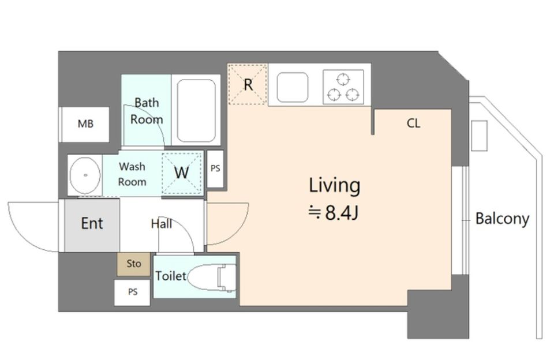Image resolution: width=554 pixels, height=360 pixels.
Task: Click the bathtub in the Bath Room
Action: pyautogui.click(x=196, y=111)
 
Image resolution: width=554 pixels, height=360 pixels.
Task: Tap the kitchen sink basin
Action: pyautogui.click(x=292, y=87)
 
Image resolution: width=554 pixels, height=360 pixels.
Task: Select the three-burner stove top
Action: pyautogui.click(x=343, y=87)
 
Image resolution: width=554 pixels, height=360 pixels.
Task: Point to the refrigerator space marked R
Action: pyautogui.click(x=248, y=84)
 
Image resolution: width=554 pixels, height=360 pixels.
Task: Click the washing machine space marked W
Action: pyautogui.click(x=182, y=172)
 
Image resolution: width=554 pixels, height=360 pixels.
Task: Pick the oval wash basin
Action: pyautogui.click(x=85, y=175)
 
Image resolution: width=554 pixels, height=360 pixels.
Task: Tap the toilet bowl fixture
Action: pyautogui.click(x=212, y=277)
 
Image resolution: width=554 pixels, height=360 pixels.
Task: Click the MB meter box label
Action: pyautogui.click(x=85, y=123)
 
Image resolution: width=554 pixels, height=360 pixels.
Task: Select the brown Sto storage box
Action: pyautogui.click(x=134, y=264)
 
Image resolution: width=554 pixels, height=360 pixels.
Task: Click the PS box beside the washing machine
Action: pyautogui.click(x=215, y=168)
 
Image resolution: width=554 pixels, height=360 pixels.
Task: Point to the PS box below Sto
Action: pyautogui.click(x=133, y=292)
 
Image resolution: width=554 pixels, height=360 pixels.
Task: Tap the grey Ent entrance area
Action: pyautogui.click(x=92, y=226)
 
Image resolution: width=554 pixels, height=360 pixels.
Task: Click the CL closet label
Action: pyautogui.click(x=413, y=123)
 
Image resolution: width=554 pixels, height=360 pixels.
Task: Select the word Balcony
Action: pyautogui.click(x=502, y=219)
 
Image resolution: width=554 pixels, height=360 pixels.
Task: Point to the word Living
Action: pyautogui.click(x=335, y=185)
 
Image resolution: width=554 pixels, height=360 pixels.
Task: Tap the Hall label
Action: pyautogui.click(x=162, y=224)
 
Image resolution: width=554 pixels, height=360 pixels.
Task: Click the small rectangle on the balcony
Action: pyautogui.click(x=479, y=136)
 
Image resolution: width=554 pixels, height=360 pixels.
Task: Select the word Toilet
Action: pyautogui.click(x=171, y=276)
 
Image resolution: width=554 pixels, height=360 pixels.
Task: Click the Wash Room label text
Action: pyautogui.click(x=132, y=174)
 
